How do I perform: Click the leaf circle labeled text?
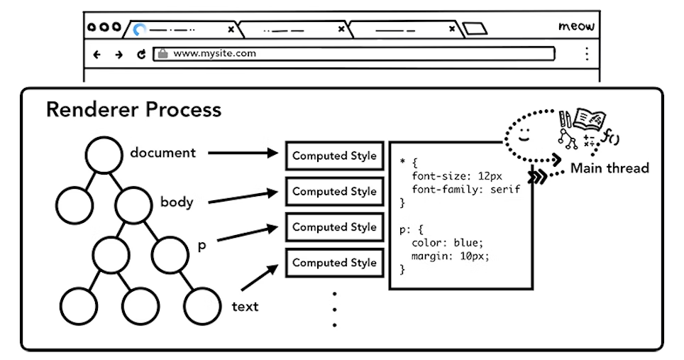coord(202,306)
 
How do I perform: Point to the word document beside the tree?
coord(162,153)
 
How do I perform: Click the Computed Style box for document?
coord(334,156)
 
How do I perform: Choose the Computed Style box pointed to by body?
coord(334,191)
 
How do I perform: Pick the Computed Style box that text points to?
coord(334,263)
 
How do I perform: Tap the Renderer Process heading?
coord(133,110)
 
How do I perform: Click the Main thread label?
coord(609,168)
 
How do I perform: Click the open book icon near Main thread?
coord(589,118)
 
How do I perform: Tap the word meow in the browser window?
coord(576,27)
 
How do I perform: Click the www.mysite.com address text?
coord(214,53)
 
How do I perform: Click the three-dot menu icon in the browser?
coord(586,54)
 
